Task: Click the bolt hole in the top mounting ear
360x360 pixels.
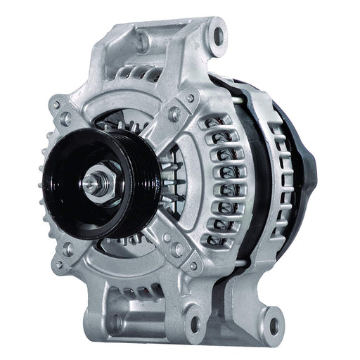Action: click(216, 32)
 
